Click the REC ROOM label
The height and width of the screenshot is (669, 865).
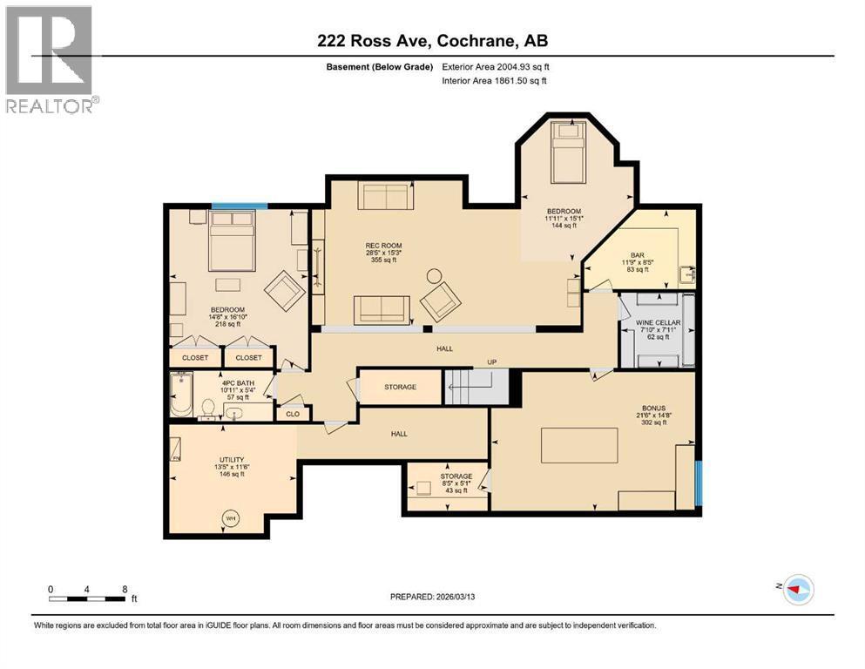(377, 245)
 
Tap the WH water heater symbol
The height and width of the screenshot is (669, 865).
(232, 519)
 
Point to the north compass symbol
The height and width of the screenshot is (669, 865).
(796, 590)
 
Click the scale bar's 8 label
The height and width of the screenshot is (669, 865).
(125, 588)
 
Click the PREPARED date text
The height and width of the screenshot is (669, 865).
(432, 597)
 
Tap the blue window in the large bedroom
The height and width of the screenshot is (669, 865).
(239, 206)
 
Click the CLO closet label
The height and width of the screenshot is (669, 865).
(293, 415)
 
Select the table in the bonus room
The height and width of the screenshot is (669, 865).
(579, 445)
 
